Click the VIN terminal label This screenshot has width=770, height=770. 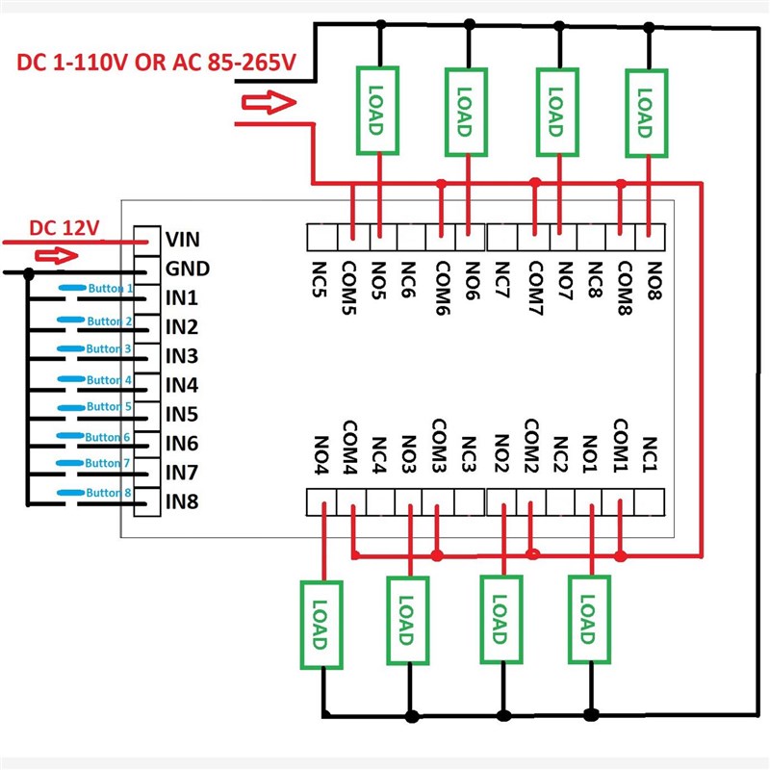click(183, 239)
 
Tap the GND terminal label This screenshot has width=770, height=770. click(187, 269)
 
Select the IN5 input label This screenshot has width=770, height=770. click(182, 415)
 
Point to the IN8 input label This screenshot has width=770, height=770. click(182, 501)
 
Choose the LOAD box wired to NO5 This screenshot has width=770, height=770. click(377, 110)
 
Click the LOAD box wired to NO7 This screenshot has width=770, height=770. click(555, 112)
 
